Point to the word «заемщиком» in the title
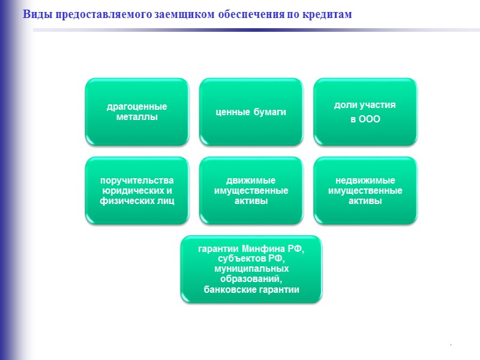click(188, 14)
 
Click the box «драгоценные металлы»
click(137, 112)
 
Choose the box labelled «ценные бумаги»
click(251, 112)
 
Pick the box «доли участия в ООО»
click(365, 112)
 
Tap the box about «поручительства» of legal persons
click(137, 190)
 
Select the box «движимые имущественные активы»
click(251, 190)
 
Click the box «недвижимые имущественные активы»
click(365, 190)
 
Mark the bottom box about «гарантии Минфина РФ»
click(251, 269)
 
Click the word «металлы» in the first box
click(137, 117)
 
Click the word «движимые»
click(251, 181)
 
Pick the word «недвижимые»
click(365, 181)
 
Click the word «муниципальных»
click(251, 270)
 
